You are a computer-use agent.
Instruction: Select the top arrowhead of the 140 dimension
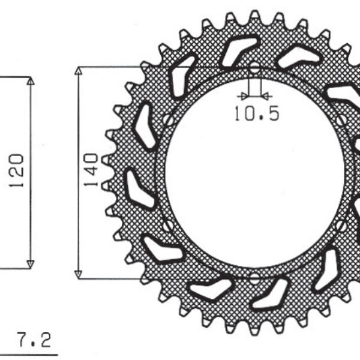(x=78, y=70)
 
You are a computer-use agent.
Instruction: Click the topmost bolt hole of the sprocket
(x=255, y=67)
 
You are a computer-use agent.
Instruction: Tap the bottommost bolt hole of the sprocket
(x=255, y=278)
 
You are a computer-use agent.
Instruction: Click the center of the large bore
(x=255, y=173)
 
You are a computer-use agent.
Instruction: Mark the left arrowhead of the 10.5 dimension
(x=242, y=95)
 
